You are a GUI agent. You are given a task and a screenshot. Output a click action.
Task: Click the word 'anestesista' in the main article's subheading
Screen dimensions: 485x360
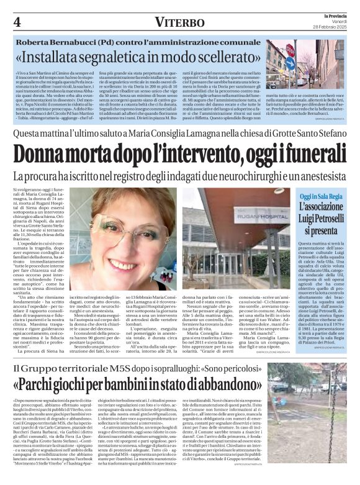point(318,176)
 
